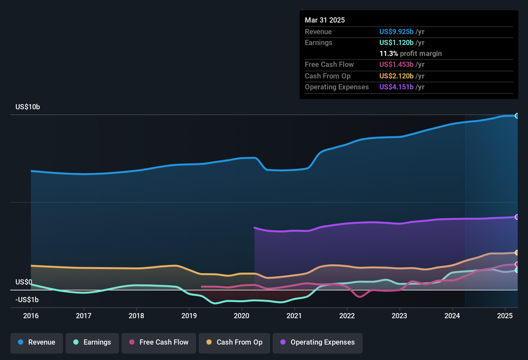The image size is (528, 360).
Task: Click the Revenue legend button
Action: point(37,342)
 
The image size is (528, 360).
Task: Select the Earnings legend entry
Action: point(92,342)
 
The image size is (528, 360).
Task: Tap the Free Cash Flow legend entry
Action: point(159,342)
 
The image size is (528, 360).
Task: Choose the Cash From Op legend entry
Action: point(234,342)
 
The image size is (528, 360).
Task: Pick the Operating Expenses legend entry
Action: point(318,342)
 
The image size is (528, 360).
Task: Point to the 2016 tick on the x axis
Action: point(31,316)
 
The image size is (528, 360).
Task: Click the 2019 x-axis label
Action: point(189,316)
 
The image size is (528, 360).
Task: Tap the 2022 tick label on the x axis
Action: point(347,316)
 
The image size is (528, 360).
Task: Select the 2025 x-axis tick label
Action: point(505,316)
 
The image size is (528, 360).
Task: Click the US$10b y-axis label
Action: point(28,107)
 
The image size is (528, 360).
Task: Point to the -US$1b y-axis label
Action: point(27,300)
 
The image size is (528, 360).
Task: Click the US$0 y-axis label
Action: point(24,282)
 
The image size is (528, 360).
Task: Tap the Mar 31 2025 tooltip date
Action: point(325,20)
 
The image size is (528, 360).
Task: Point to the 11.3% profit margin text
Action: point(410,54)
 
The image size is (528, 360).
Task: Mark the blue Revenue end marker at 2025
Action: point(517,116)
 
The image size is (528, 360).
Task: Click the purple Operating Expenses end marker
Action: point(517,217)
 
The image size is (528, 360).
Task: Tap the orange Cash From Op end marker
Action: point(517,253)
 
